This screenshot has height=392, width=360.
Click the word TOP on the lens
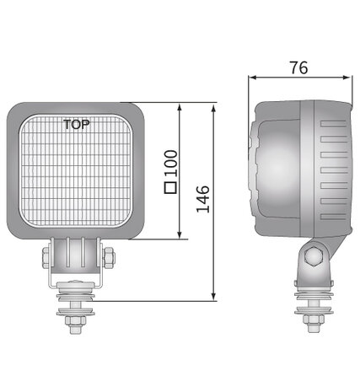77,125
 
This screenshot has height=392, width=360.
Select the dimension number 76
299,67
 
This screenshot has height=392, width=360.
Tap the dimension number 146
203,199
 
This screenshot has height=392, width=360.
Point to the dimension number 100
171,164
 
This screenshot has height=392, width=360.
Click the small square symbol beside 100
170,187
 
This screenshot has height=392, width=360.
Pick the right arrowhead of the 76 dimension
347,78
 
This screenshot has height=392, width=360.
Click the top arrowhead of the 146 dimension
213,109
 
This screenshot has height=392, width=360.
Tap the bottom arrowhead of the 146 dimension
213,297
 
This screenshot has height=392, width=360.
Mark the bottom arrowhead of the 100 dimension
180,234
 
